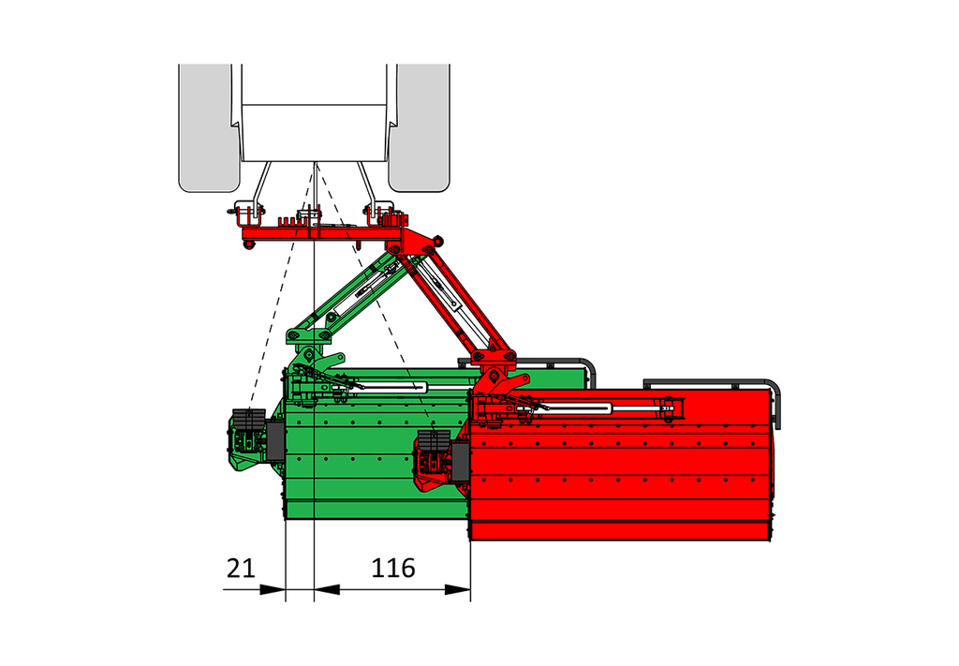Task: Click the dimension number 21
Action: click(241, 569)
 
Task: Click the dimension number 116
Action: click(393, 569)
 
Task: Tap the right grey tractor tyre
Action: click(420, 127)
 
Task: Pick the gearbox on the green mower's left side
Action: click(248, 439)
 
